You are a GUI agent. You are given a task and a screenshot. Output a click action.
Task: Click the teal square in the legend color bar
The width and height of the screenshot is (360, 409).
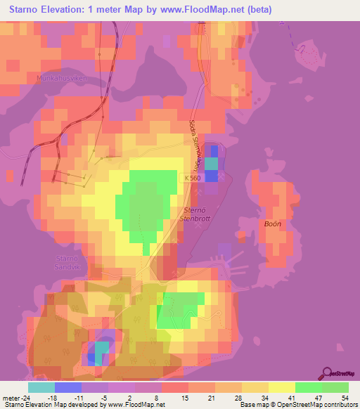[x=41, y=387]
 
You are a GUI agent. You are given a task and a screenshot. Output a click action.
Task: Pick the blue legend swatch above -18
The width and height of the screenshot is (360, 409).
[x=68, y=387]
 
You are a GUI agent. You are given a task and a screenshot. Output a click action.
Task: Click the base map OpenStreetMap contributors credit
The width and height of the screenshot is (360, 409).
[x=297, y=405]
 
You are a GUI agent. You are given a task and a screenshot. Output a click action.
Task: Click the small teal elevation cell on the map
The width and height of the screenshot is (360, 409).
[x=103, y=348]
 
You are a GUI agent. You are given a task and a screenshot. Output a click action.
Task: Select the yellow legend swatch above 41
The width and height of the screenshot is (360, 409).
[x=282, y=387]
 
